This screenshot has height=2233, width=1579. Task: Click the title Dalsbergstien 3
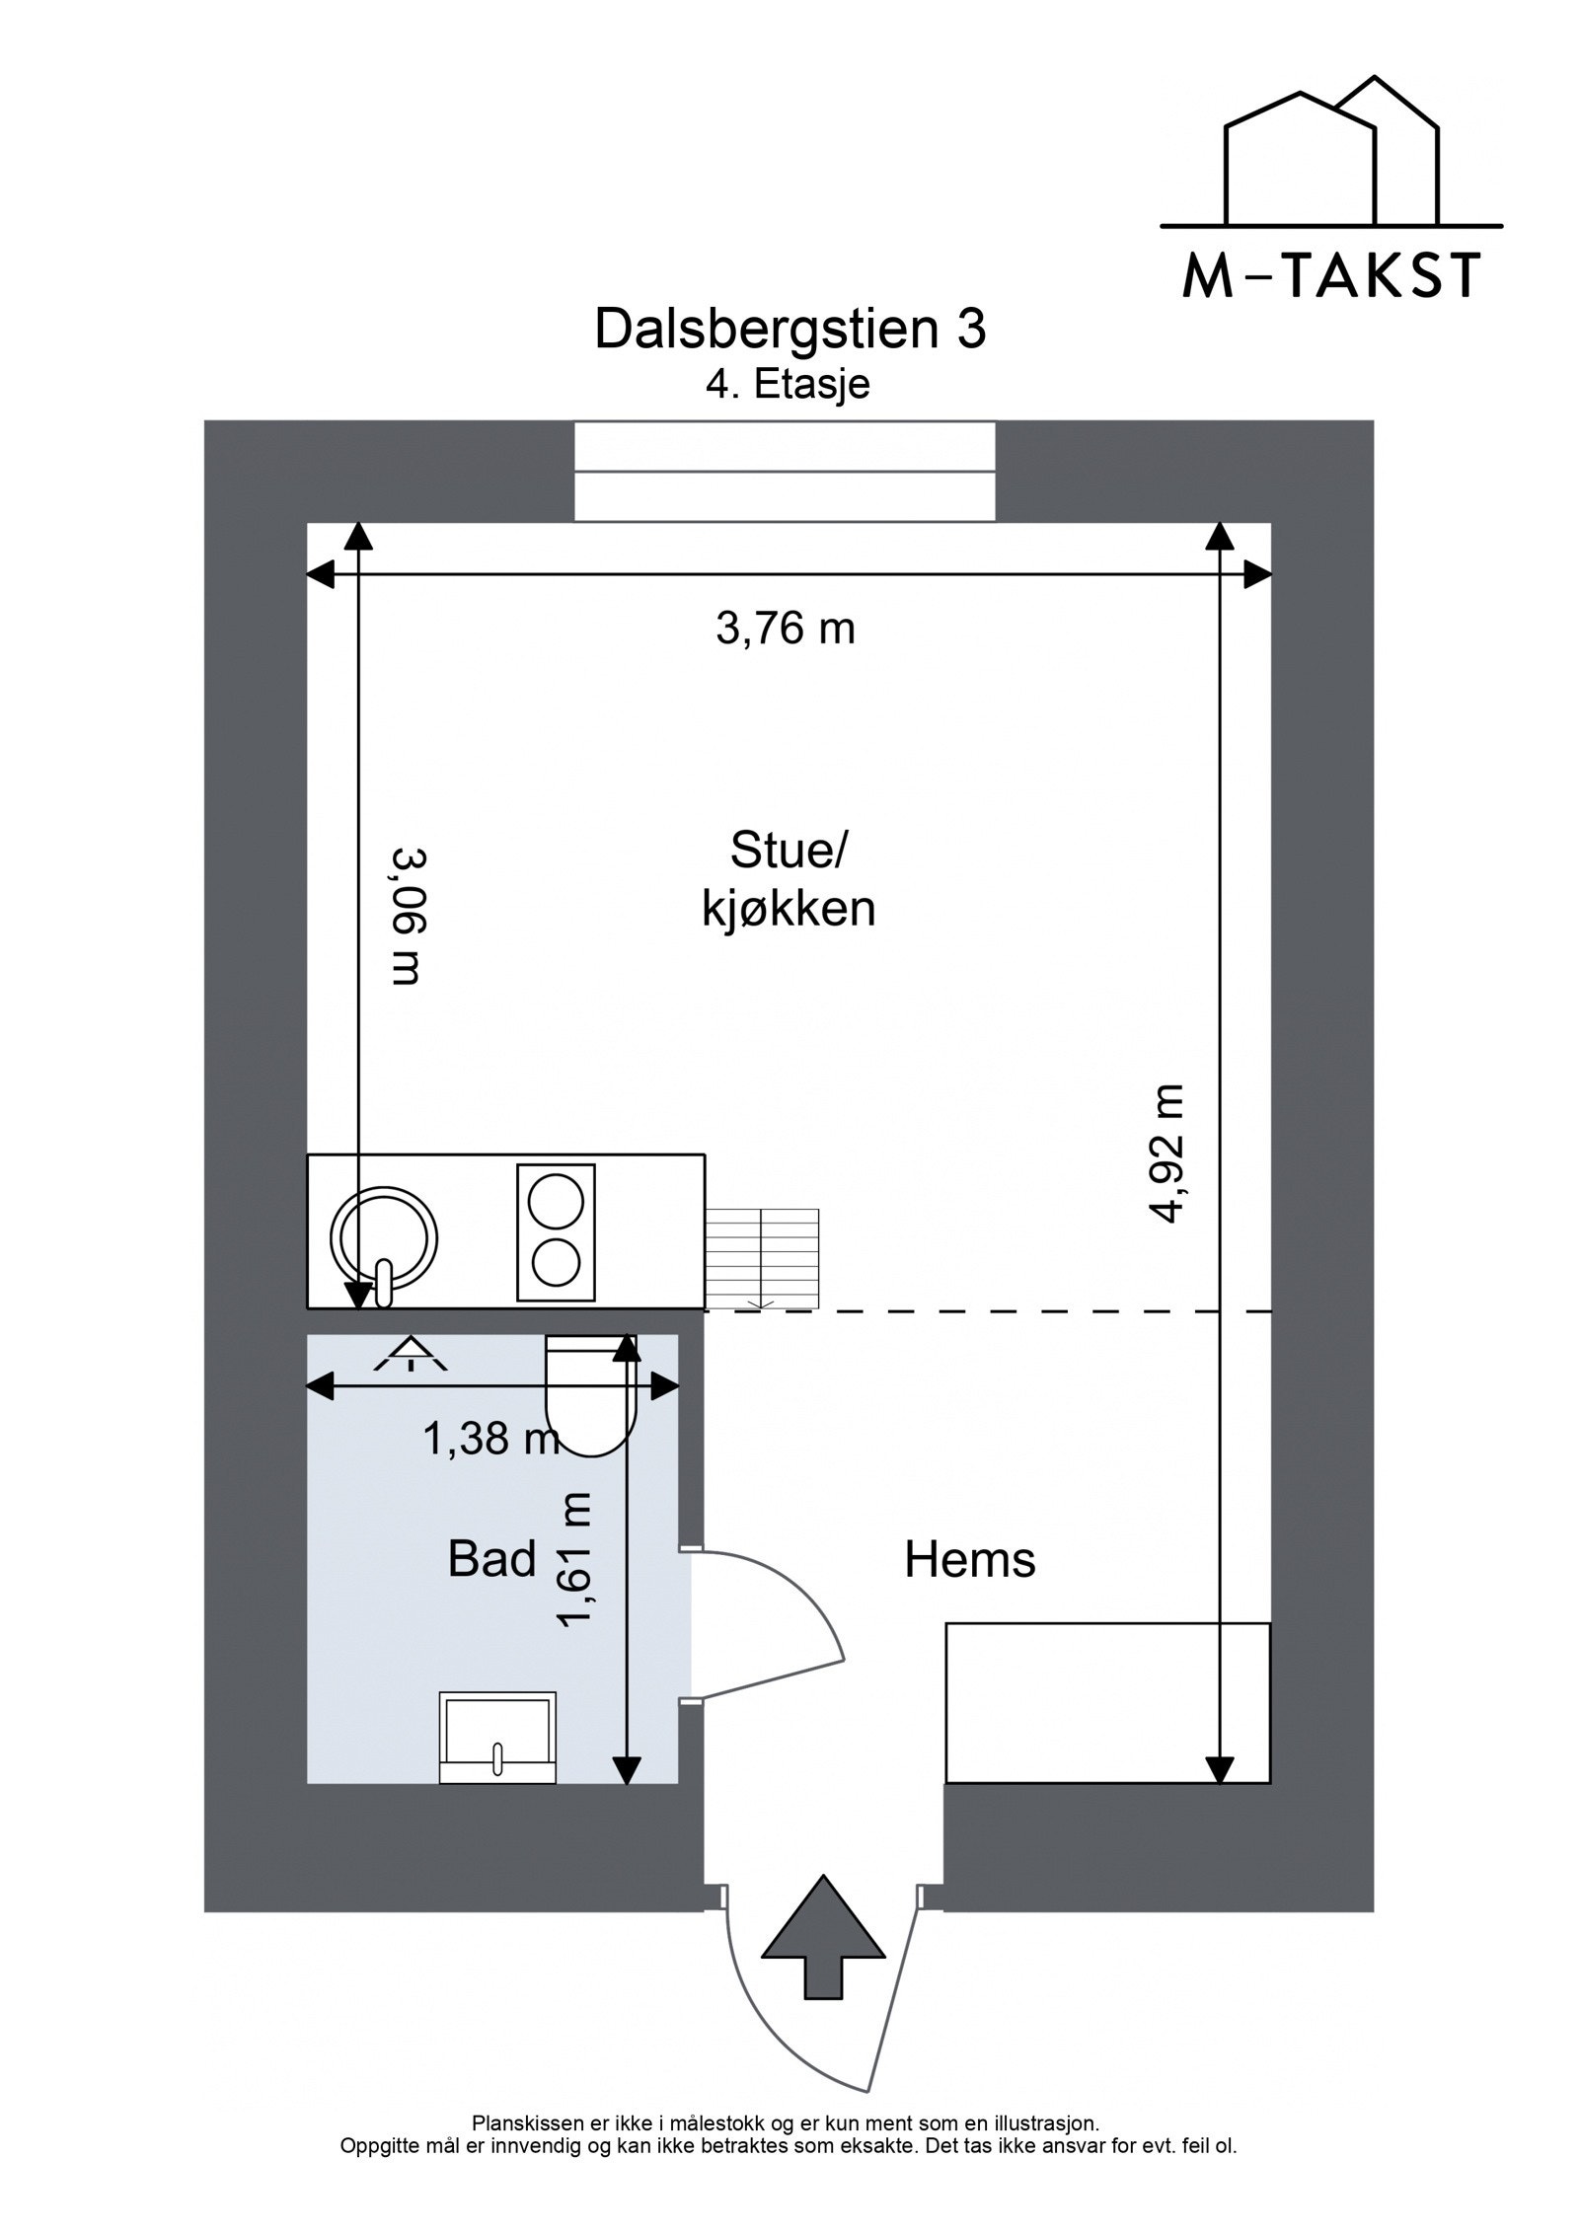789,330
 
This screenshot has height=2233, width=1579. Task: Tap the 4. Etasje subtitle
788,384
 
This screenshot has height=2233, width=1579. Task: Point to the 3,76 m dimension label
785,628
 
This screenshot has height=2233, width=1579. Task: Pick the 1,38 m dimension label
490,1440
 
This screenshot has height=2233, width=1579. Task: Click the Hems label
969,1561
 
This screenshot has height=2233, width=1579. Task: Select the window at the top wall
785,471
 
